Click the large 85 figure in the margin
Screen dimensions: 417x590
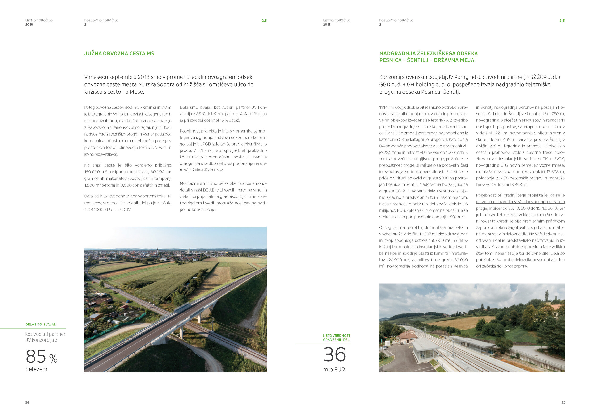tap(36, 356)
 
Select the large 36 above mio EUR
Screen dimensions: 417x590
tap(335, 355)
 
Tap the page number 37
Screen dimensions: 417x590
tap(563, 403)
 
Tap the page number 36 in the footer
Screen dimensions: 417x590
tap(27, 403)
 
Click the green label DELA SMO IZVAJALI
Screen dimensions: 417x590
tap(41, 324)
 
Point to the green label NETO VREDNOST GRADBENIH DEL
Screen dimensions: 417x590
tap(337, 338)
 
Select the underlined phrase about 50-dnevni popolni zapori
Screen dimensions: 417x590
tap(520, 202)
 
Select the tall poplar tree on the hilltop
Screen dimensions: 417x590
tap(547, 296)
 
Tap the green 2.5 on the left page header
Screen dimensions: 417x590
tap(264, 21)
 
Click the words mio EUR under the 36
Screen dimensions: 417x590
tap(334, 370)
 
